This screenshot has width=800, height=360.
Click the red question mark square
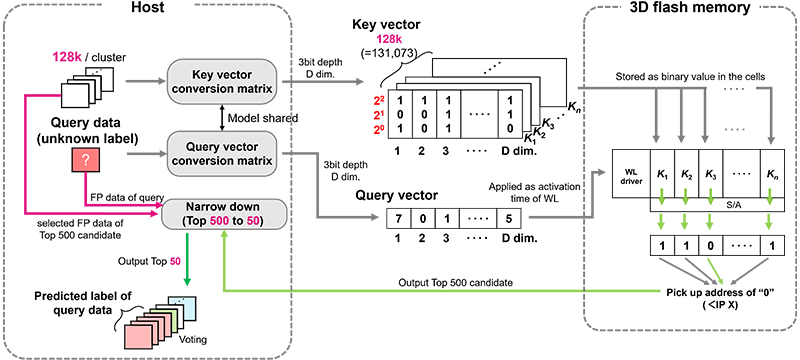(86, 161)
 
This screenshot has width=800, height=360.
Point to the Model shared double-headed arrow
(222, 117)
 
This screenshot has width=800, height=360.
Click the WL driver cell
(632, 172)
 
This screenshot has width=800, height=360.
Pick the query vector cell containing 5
(509, 219)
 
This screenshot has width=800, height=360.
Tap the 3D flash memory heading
(690, 8)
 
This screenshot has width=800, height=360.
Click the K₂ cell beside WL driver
(687, 172)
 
